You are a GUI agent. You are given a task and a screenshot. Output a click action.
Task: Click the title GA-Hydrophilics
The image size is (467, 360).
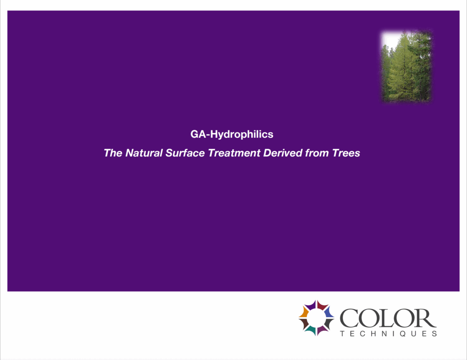point(232,135)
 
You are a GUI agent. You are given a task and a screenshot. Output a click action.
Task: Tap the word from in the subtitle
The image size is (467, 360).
point(317,153)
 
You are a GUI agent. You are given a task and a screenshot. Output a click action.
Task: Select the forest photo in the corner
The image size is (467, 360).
point(406,66)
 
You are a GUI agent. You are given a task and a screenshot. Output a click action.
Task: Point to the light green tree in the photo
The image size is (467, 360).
point(399,68)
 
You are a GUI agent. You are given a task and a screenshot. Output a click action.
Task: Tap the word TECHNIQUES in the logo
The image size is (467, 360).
point(388,334)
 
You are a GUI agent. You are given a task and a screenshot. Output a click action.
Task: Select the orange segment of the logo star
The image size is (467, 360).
point(304,312)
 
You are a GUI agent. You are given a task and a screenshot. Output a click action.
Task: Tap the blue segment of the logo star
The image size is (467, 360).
point(329,312)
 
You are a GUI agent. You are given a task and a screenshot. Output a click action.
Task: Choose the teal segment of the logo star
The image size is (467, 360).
point(310,329)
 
